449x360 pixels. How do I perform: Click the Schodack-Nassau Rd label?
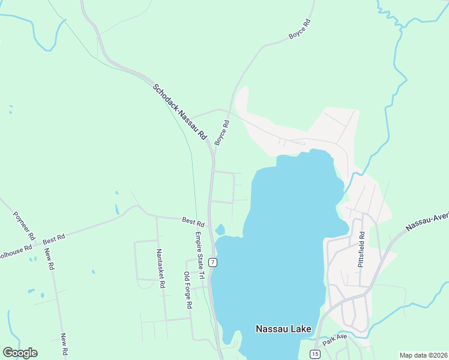[x=179, y=112]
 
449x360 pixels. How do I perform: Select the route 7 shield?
[x=213, y=262]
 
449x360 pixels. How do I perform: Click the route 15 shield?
[x=315, y=354]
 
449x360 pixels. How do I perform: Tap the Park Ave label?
[x=334, y=340]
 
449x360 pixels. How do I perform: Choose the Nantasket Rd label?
[x=160, y=268]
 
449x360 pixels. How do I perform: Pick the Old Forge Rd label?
[x=187, y=289]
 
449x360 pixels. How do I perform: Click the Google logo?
[x=20, y=353]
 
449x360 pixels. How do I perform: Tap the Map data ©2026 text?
[x=423, y=355]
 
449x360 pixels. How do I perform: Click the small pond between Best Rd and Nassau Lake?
[x=220, y=229]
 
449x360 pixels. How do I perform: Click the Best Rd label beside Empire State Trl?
[x=193, y=222]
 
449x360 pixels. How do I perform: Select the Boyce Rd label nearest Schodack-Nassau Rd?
[x=222, y=132]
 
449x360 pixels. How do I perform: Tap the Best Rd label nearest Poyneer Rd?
[x=53, y=239]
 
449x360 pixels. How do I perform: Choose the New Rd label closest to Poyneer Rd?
[x=50, y=261]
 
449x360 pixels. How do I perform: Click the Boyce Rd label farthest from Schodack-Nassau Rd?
[x=300, y=29]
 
